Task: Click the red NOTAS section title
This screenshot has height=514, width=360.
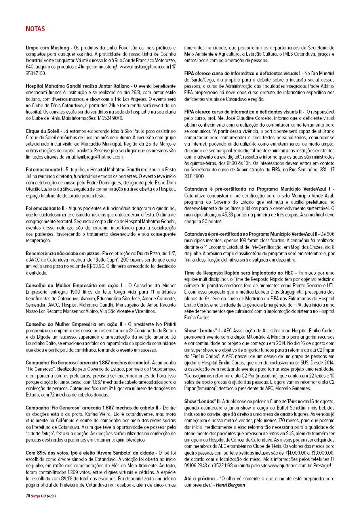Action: coord(35,29)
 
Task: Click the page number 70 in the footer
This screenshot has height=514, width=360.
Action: coord(27,495)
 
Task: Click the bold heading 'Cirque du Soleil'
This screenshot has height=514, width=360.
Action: coord(42,131)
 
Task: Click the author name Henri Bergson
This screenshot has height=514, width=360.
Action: coord(227,485)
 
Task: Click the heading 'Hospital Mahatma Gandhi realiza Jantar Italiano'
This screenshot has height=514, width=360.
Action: coord(78,86)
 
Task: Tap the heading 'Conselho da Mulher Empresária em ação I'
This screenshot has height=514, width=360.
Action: coord(74,285)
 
